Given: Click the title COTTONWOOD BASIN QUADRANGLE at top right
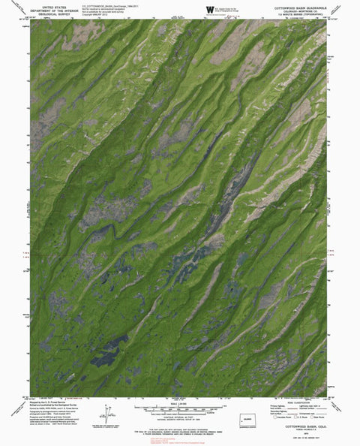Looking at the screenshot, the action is tap(295, 5).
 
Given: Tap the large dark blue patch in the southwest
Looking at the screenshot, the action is tap(109, 346).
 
